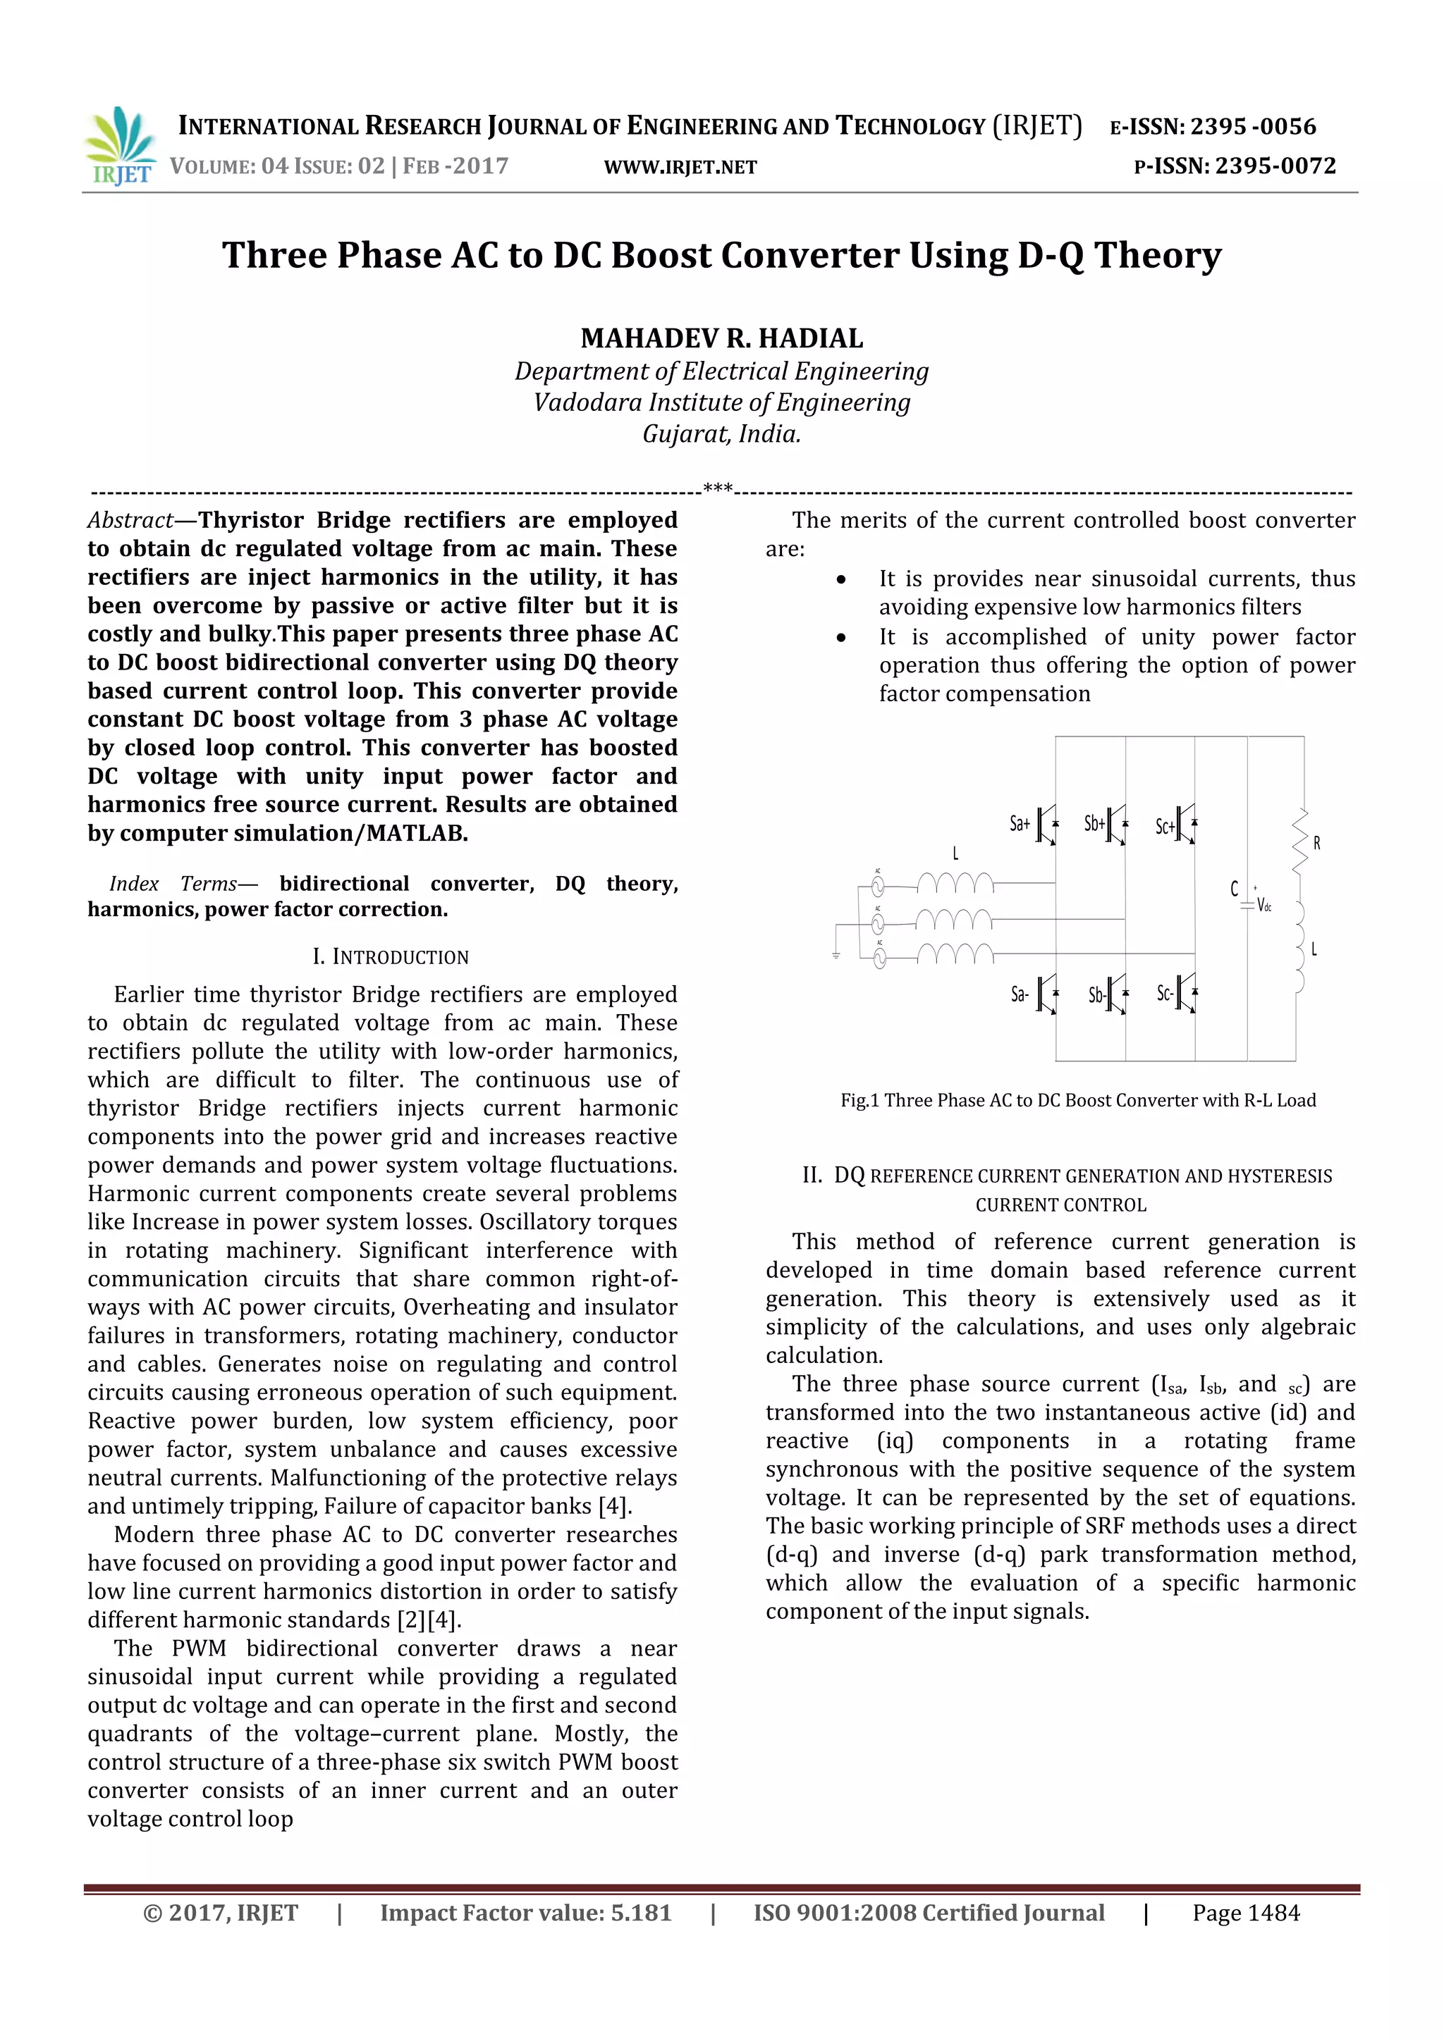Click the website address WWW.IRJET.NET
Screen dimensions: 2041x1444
pos(680,167)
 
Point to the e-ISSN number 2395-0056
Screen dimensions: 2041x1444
pos(1253,127)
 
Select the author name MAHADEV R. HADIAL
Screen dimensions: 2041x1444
pos(721,339)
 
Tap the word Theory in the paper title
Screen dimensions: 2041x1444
pos(1158,255)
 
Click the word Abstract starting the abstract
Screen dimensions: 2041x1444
pos(130,520)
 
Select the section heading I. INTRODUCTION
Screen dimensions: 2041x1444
pos(391,957)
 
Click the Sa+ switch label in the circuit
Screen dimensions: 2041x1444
pos(1019,824)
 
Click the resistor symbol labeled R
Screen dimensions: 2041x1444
pos(1300,840)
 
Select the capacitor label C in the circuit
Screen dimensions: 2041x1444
pos(1234,888)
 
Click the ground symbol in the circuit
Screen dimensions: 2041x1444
pos(836,956)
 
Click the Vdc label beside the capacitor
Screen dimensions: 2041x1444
pos(1264,905)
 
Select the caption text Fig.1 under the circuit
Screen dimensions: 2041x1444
pos(859,1101)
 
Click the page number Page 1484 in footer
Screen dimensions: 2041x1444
pos(1246,1913)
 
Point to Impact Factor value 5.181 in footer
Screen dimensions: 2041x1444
pos(525,1913)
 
